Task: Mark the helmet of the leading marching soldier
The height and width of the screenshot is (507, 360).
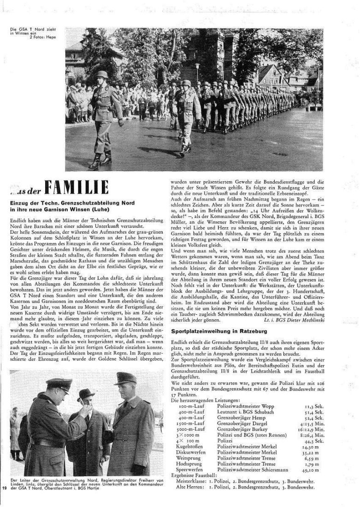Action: tap(102, 75)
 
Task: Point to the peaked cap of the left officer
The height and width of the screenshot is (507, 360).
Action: tap(59, 384)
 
